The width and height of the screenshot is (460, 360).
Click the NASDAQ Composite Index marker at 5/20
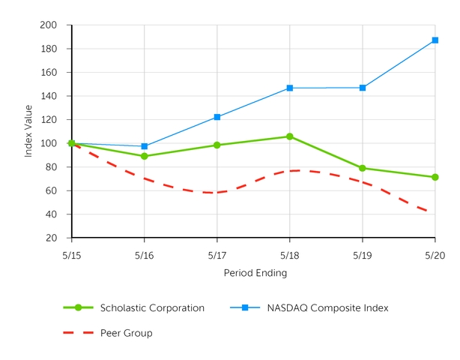435,40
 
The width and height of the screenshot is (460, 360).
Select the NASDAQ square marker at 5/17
217,117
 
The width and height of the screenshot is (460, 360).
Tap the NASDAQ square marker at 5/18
290,88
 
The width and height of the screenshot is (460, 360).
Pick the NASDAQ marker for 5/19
363,88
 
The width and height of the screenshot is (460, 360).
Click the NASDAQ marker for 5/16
145,146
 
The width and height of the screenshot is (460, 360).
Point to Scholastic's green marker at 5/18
290,136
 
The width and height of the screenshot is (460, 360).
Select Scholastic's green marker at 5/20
435,177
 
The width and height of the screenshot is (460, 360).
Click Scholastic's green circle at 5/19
363,168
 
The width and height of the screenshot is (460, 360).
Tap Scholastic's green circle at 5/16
145,156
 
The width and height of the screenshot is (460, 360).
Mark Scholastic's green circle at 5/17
217,145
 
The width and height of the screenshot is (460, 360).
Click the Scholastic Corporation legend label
152,307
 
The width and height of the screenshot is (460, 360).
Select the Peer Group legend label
126,333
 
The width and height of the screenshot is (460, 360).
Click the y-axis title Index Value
28,131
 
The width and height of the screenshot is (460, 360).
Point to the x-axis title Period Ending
255,273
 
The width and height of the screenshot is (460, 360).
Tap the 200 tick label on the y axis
49,25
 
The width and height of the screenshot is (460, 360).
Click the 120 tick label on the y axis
49,120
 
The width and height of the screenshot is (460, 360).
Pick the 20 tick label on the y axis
52,238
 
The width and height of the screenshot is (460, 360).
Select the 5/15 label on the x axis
72,255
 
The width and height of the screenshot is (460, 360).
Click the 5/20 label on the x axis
435,255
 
